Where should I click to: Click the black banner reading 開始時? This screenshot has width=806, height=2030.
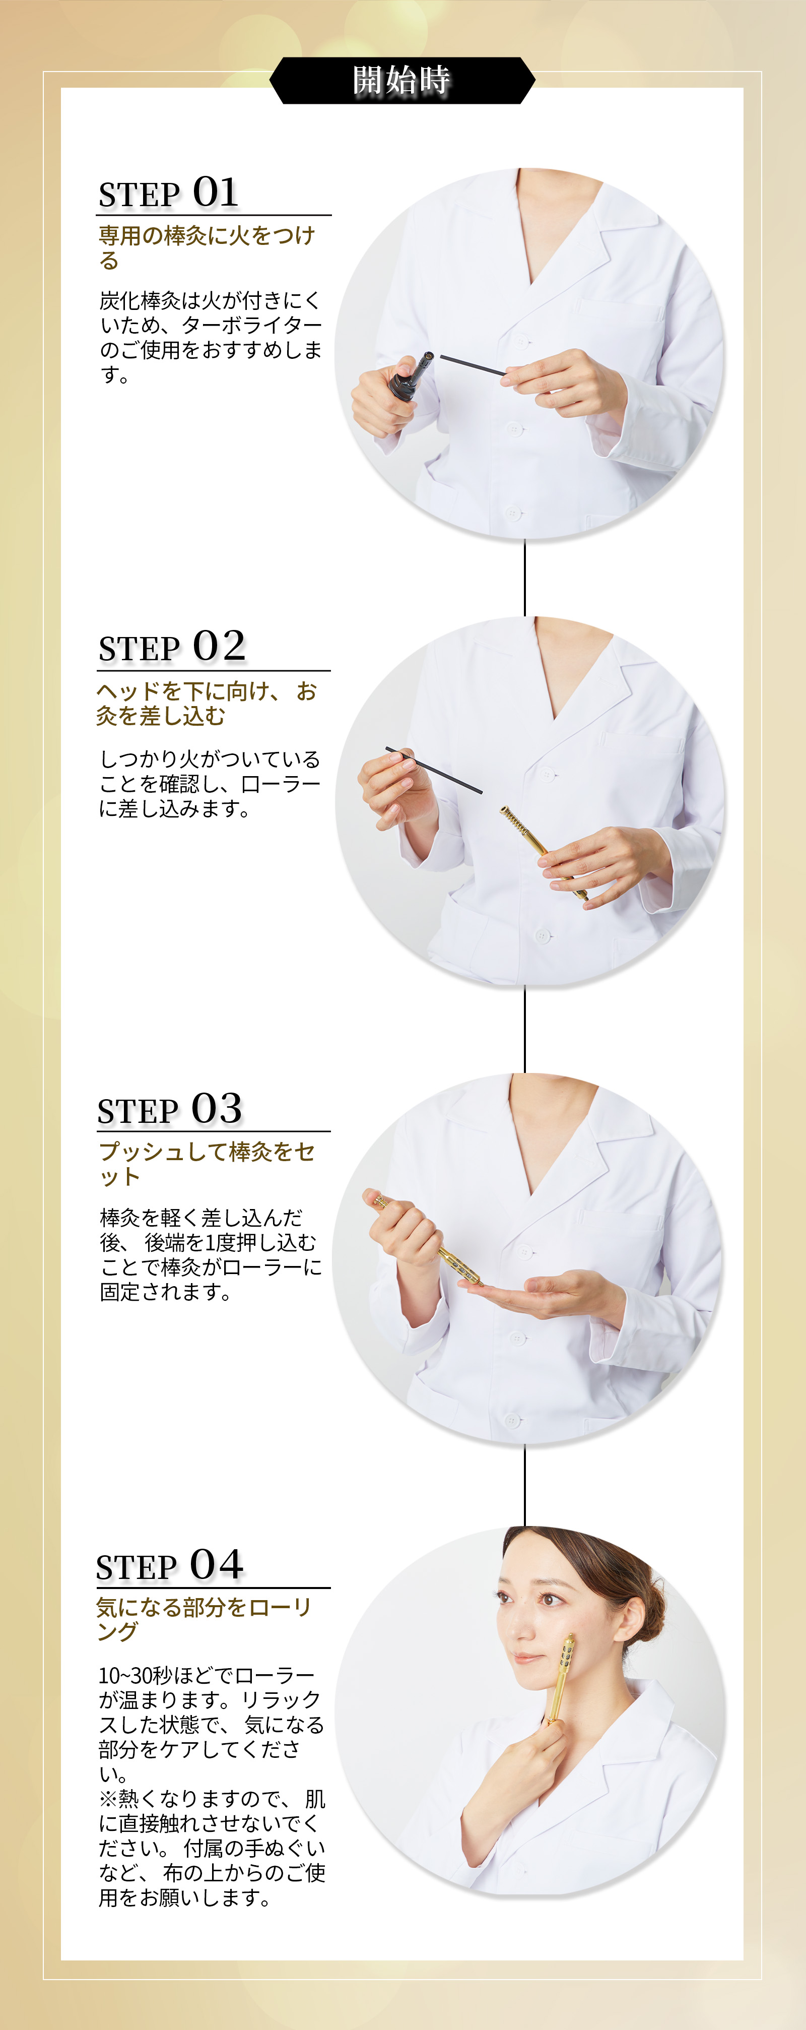click(402, 80)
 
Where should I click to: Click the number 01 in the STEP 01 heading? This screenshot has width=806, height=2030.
click(215, 193)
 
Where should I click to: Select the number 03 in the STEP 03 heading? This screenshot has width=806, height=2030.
click(217, 1108)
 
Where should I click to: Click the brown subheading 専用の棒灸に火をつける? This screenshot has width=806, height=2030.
click(207, 247)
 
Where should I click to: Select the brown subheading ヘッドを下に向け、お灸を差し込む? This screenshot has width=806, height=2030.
click(207, 703)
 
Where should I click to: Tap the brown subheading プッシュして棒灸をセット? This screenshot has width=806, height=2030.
click(207, 1164)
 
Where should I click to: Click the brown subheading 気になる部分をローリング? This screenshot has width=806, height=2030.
click(204, 1619)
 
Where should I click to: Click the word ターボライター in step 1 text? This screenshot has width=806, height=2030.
click(241, 325)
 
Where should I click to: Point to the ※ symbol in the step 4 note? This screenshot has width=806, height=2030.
click(108, 1799)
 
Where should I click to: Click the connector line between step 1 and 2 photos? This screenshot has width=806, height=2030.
click(525, 578)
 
